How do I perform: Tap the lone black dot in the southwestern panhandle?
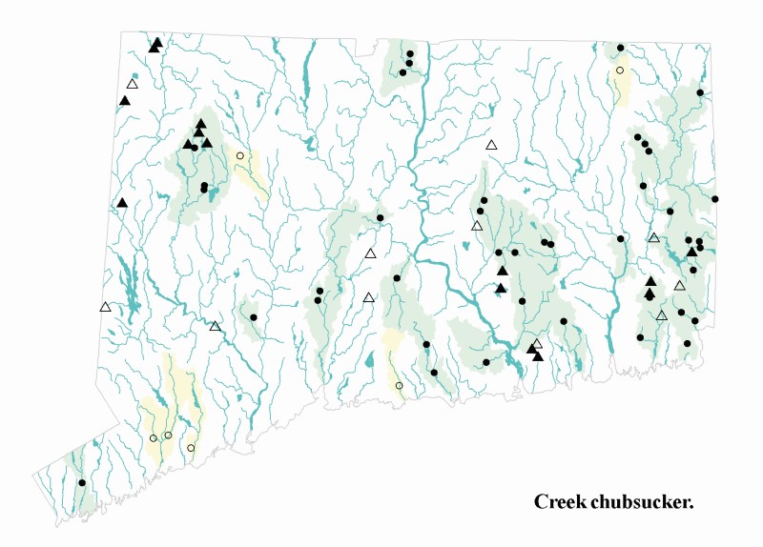(x=82, y=483)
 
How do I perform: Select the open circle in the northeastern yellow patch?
(x=620, y=71)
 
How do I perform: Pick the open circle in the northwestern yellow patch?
(x=240, y=155)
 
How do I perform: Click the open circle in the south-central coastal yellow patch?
(x=400, y=386)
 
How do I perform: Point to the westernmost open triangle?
(x=105, y=307)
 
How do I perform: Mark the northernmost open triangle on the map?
(x=133, y=84)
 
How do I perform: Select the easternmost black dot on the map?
(x=715, y=199)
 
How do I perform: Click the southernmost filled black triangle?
(x=538, y=356)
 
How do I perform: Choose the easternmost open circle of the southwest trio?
(x=191, y=448)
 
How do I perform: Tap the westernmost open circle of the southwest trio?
(x=153, y=438)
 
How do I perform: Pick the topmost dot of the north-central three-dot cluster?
(x=410, y=54)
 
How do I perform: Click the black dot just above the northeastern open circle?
(x=621, y=48)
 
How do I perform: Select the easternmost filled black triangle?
(x=691, y=252)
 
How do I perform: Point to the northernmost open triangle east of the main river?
(x=492, y=145)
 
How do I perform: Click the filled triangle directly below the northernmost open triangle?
(x=125, y=100)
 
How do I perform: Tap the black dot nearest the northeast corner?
(x=700, y=92)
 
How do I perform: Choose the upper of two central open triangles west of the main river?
(x=371, y=253)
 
